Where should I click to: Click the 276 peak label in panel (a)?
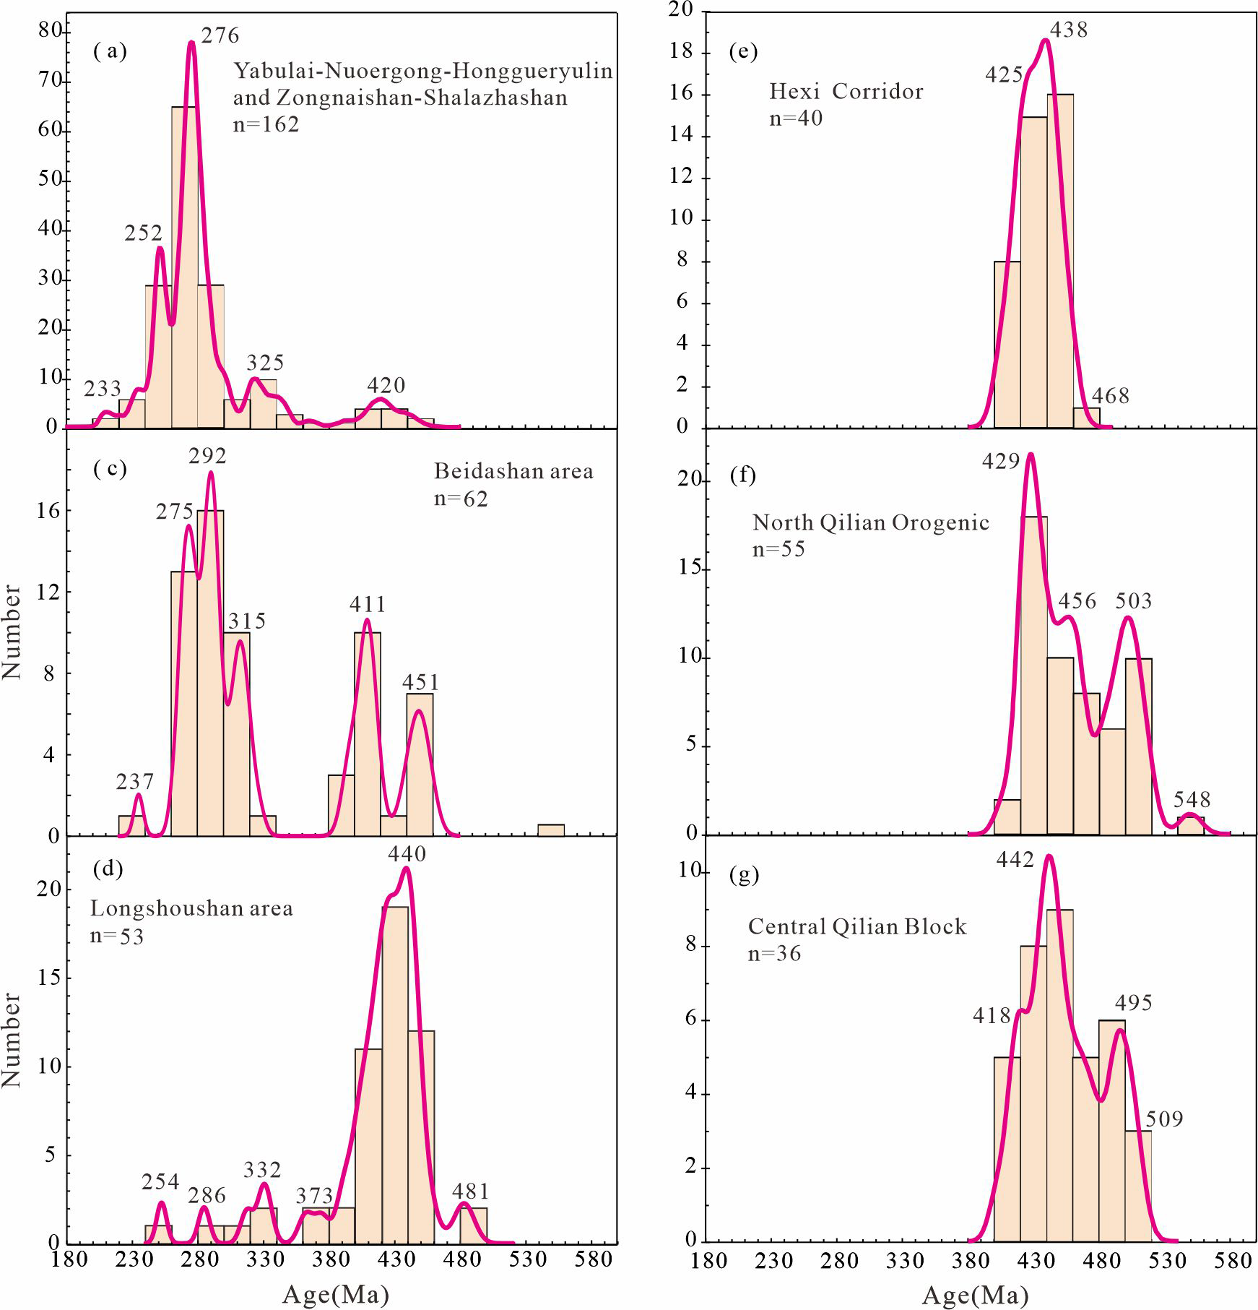coord(220,35)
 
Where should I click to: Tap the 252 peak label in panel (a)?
coord(144,233)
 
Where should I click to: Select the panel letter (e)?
coord(743,51)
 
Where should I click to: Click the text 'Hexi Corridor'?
coord(846,92)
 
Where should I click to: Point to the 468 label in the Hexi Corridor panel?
coord(1110,396)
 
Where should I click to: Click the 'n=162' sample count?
coord(266,124)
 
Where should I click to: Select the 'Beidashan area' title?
coord(513,471)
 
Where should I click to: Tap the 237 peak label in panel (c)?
coord(135,782)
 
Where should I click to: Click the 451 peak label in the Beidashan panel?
coord(420,682)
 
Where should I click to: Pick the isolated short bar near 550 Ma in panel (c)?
coord(551,830)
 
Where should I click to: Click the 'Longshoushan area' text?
coord(191,908)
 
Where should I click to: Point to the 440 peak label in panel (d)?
coord(407,854)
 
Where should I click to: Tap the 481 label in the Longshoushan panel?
coord(471,1191)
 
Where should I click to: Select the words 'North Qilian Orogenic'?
coord(870,522)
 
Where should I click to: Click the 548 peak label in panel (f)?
coord(1192,800)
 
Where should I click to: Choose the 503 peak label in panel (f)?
coord(1133,600)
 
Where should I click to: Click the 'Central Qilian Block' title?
coord(856,926)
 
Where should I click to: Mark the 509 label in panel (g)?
coord(1164,1119)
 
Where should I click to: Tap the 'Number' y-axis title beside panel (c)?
coord(12,632)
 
